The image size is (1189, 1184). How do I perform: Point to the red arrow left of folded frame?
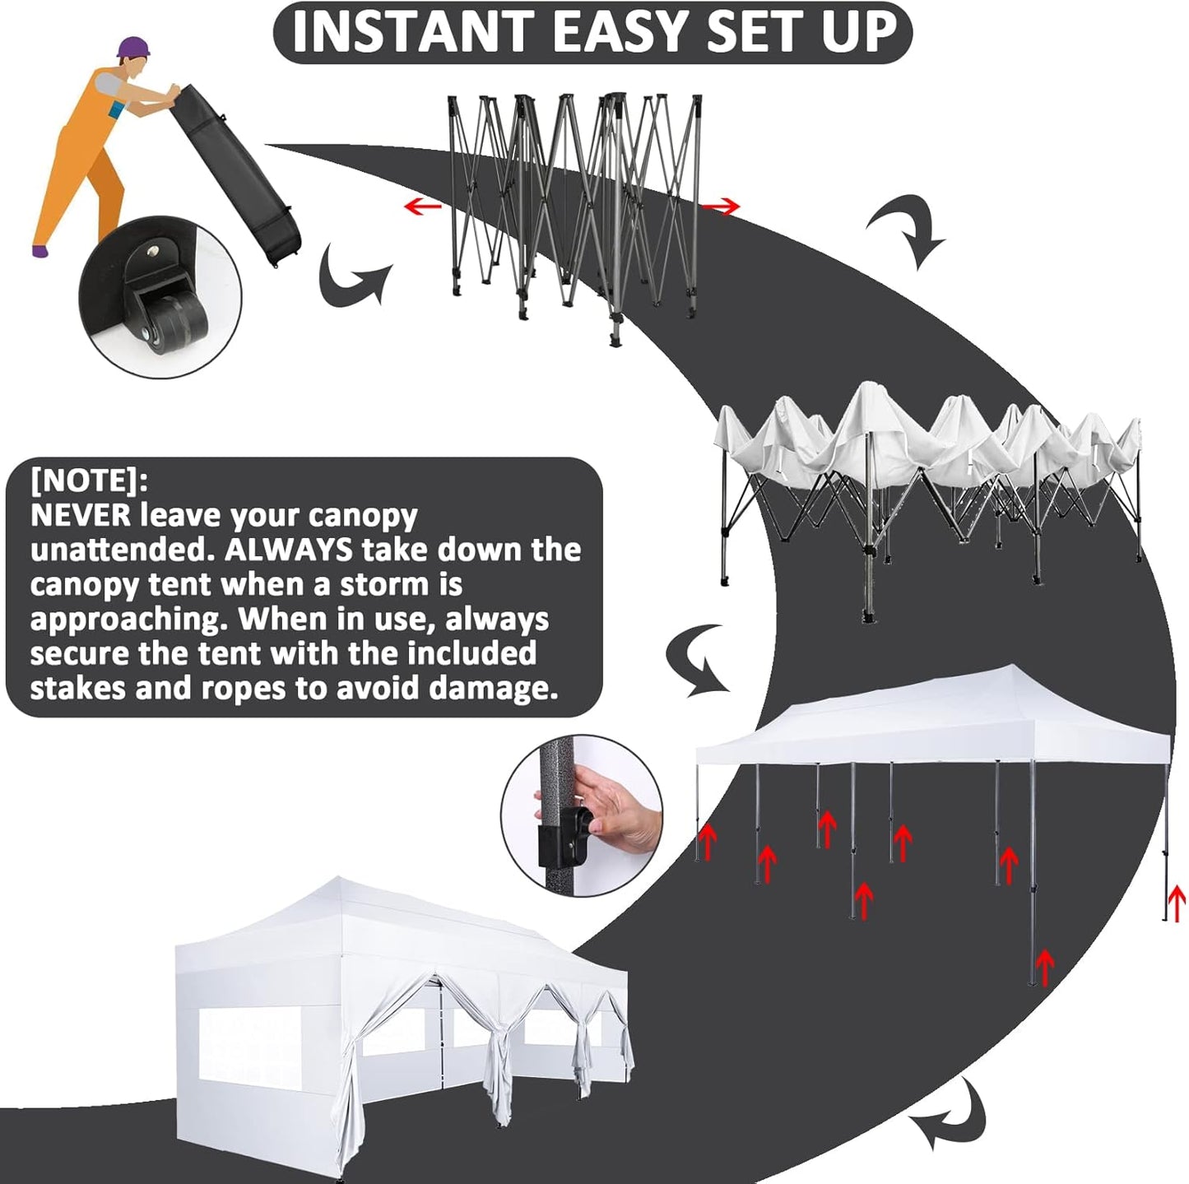pos(423,206)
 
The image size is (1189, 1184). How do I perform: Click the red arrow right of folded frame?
pos(723,208)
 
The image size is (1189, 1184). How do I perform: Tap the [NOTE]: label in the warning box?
pos(89,480)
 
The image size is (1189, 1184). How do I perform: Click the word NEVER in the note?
pos(80,515)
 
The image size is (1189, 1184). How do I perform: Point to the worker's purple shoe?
pos(39,249)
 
